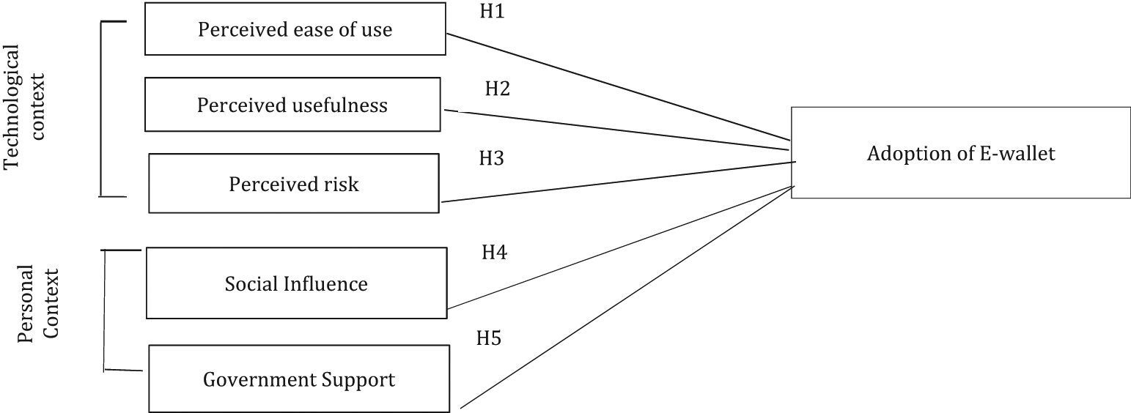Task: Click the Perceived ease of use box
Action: point(295,29)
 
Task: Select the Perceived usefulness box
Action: point(292,105)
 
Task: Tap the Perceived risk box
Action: point(294,183)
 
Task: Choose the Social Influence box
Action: point(296,283)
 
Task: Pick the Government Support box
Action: point(298,379)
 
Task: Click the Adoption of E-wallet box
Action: point(960,153)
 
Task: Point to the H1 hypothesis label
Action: point(492,12)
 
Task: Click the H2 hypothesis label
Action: point(497,89)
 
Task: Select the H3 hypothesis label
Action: point(491,157)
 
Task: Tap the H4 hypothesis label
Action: point(494,253)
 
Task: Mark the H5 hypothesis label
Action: point(489,338)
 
